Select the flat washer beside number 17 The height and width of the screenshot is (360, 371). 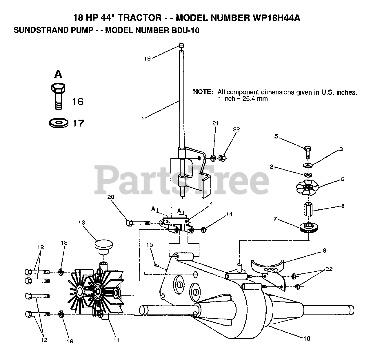59,123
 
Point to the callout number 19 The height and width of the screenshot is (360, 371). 148,59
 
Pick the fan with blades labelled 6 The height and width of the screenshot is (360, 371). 307,188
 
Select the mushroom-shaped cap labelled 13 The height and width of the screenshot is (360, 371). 103,246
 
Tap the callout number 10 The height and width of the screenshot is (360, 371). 307,338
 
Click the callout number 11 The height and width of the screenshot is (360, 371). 116,340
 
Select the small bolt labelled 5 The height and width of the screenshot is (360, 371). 308,151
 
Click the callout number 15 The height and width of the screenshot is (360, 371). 150,245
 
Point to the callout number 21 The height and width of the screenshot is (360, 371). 215,123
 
